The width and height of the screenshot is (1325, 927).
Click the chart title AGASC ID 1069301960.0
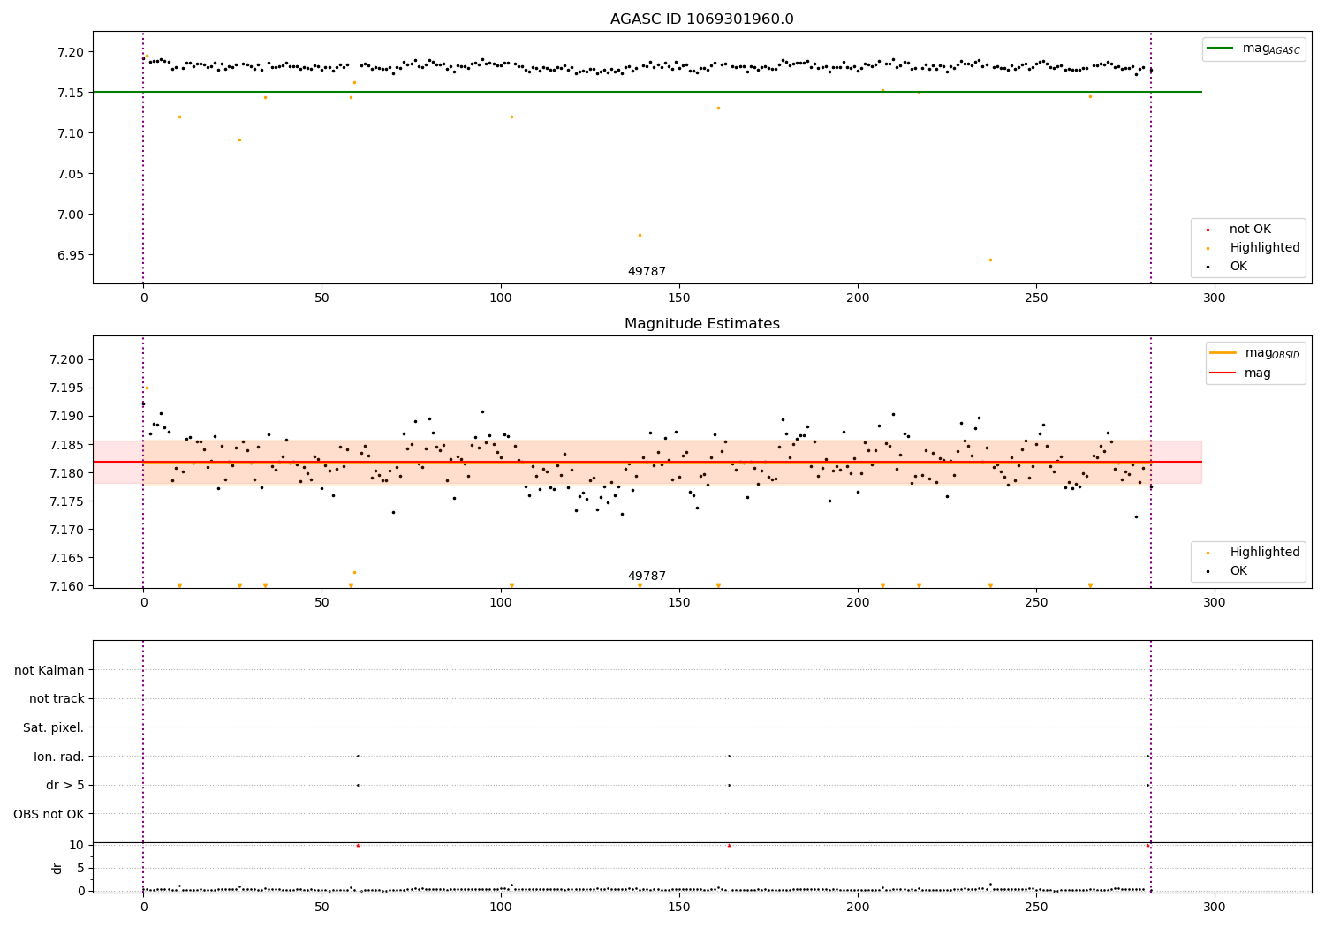(x=701, y=19)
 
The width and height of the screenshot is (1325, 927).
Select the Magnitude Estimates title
(x=701, y=323)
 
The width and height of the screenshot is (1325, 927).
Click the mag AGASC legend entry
(x=1254, y=49)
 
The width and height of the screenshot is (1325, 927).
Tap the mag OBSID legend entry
(x=1255, y=353)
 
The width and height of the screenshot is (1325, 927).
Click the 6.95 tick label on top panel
(x=71, y=255)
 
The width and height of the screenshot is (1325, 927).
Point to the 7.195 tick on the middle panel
(x=67, y=388)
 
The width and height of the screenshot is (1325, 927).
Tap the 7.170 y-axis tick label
(x=67, y=530)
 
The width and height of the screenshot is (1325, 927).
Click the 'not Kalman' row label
(x=49, y=670)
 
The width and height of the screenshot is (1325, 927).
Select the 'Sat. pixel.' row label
(x=53, y=727)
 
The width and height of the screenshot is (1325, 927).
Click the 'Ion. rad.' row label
(x=58, y=756)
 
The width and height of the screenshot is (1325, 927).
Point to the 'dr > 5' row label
(x=65, y=785)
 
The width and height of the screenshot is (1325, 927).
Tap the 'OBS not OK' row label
(x=49, y=814)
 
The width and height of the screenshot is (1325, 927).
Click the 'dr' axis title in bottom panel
(x=57, y=868)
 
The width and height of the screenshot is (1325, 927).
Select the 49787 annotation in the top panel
(x=647, y=271)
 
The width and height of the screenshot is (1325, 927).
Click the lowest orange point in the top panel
(x=991, y=260)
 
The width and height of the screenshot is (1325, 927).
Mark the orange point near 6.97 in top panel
(x=640, y=236)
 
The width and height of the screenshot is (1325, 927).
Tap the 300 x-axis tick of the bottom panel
(x=1215, y=908)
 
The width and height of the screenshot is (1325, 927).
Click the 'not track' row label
(x=57, y=699)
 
